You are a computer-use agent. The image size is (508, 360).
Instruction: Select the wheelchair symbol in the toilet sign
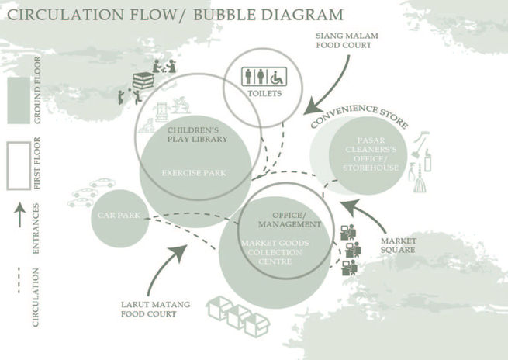click(x=275, y=77)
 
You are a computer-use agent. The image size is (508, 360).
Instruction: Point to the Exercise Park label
click(x=194, y=173)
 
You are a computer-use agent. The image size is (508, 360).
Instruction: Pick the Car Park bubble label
click(x=119, y=216)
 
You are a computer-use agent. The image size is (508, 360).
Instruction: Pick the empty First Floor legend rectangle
click(x=19, y=165)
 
